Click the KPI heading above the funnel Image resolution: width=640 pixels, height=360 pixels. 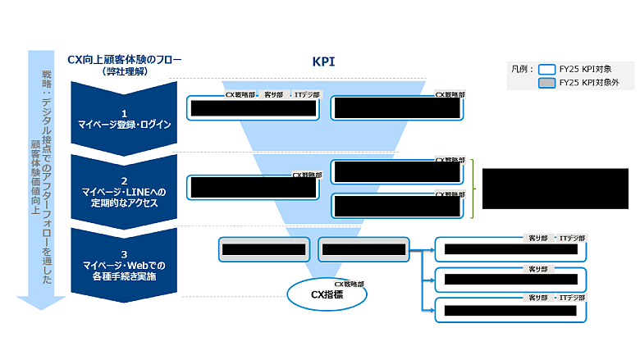323,62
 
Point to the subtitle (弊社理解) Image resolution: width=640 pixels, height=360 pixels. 124,71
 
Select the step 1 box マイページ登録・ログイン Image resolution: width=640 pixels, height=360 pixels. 124,118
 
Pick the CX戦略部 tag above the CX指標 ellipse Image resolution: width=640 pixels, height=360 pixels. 349,283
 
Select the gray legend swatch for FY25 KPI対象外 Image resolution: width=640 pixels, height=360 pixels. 546,83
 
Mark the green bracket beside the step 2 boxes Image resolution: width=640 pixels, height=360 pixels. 473,189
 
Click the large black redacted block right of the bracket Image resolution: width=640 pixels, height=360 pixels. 555,189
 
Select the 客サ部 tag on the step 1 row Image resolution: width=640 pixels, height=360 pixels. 273,95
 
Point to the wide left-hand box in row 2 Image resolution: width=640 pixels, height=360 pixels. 253,187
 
